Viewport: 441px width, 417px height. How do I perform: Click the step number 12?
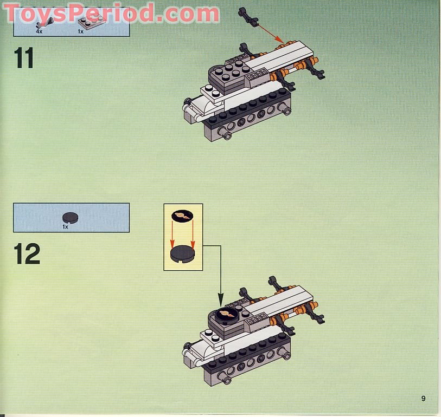tap(27, 253)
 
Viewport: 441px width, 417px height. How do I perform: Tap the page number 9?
tap(423, 399)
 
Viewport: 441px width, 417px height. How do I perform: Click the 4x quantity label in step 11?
tap(39, 32)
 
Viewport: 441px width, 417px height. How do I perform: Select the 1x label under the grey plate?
tap(81, 32)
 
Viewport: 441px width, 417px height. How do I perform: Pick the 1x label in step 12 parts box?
tap(65, 226)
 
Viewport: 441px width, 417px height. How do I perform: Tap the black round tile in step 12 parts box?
tap(70, 217)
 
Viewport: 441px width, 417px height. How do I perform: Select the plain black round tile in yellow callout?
tap(182, 253)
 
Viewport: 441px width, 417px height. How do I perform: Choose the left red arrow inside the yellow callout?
tap(175, 234)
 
